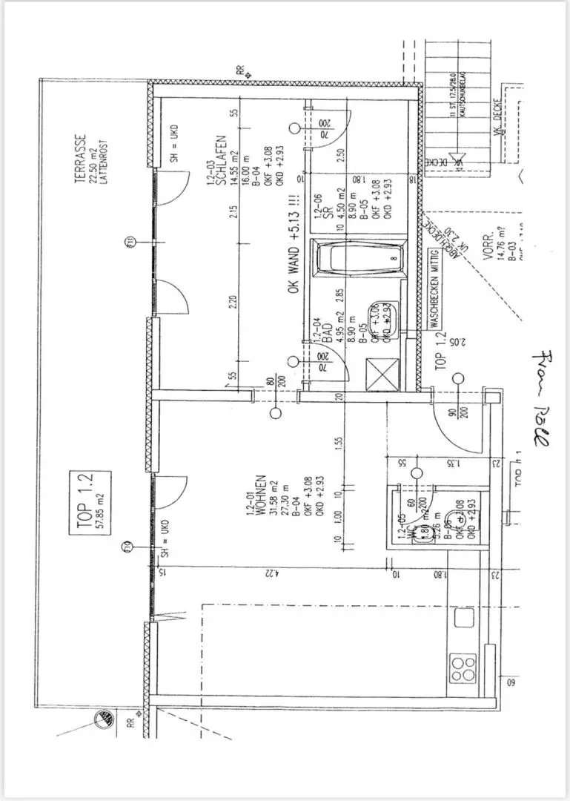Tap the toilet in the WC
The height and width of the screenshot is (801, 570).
(x=422, y=534)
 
